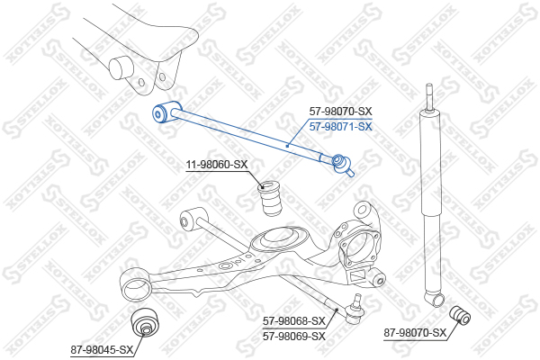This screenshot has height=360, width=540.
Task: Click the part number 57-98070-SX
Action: click(340, 112)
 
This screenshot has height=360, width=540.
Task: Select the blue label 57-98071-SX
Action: click(340, 127)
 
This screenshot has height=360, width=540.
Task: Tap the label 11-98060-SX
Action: click(217, 165)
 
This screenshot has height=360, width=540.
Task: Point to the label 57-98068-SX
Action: click(293, 321)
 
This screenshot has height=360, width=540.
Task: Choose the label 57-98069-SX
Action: click(293, 336)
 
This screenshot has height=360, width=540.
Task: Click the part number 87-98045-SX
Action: click(102, 350)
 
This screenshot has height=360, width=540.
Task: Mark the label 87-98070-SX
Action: click(415, 333)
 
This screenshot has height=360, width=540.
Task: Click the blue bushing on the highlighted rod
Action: click(166, 112)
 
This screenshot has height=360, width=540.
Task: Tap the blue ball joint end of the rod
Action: click(342, 165)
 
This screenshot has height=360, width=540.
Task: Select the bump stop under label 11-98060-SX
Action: click(270, 198)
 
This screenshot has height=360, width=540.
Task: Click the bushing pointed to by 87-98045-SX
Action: click(145, 322)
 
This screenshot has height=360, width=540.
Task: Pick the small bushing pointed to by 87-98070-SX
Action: click(460, 315)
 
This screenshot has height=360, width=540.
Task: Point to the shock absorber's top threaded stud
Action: click(428, 97)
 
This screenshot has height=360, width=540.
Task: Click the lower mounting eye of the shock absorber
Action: click(435, 299)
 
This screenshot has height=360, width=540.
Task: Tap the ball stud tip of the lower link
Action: click(358, 298)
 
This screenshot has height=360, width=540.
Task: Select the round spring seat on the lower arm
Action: click(278, 239)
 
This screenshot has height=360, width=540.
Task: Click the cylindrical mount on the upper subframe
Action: click(121, 67)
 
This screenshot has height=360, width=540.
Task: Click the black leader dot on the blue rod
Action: click(287, 146)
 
